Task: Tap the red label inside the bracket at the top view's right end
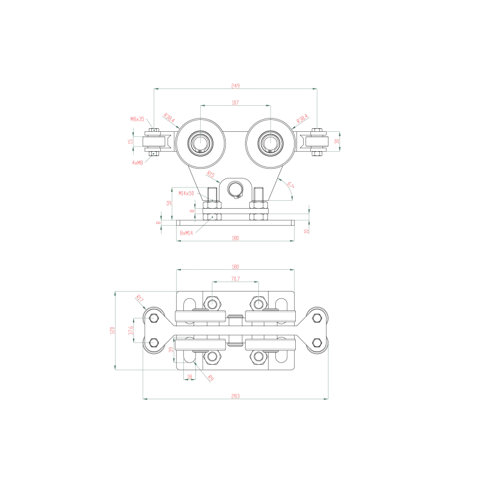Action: click(x=336, y=141)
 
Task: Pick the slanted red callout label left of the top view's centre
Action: click(x=170, y=118)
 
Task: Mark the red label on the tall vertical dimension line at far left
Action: click(x=111, y=330)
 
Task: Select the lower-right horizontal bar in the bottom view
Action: click(x=270, y=344)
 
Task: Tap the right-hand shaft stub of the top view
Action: click(x=318, y=141)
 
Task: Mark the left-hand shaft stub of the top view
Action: click(x=154, y=141)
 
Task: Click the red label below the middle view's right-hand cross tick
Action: click(x=306, y=231)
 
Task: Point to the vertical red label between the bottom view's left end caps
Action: click(x=131, y=330)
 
